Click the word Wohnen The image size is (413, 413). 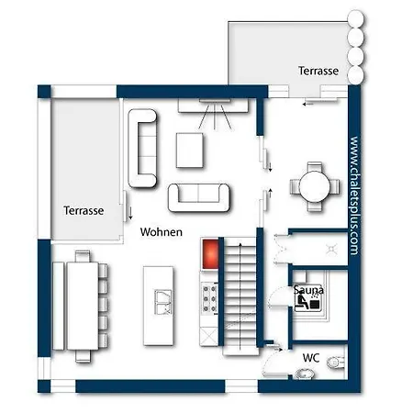[x=162, y=232]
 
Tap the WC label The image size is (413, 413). [x=311, y=358]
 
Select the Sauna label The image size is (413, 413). [x=308, y=290]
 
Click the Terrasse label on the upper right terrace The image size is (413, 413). [x=318, y=71]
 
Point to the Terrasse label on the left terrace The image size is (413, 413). [x=84, y=210]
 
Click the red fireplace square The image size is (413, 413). [x=210, y=254]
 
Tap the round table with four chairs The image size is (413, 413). [x=315, y=186]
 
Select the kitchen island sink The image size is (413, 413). [x=163, y=302]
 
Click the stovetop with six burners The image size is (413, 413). [x=209, y=298]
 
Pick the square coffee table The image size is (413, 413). [x=190, y=151]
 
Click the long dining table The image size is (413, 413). [x=83, y=306]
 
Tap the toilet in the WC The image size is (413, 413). [x=336, y=363]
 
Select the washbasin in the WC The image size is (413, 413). [x=305, y=374]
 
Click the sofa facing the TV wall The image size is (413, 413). [x=199, y=197]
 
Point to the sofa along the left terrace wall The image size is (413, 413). [x=142, y=148]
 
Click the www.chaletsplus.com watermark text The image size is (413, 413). [x=354, y=195]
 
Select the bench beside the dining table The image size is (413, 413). [x=58, y=306]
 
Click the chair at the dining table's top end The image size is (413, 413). [x=83, y=256]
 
